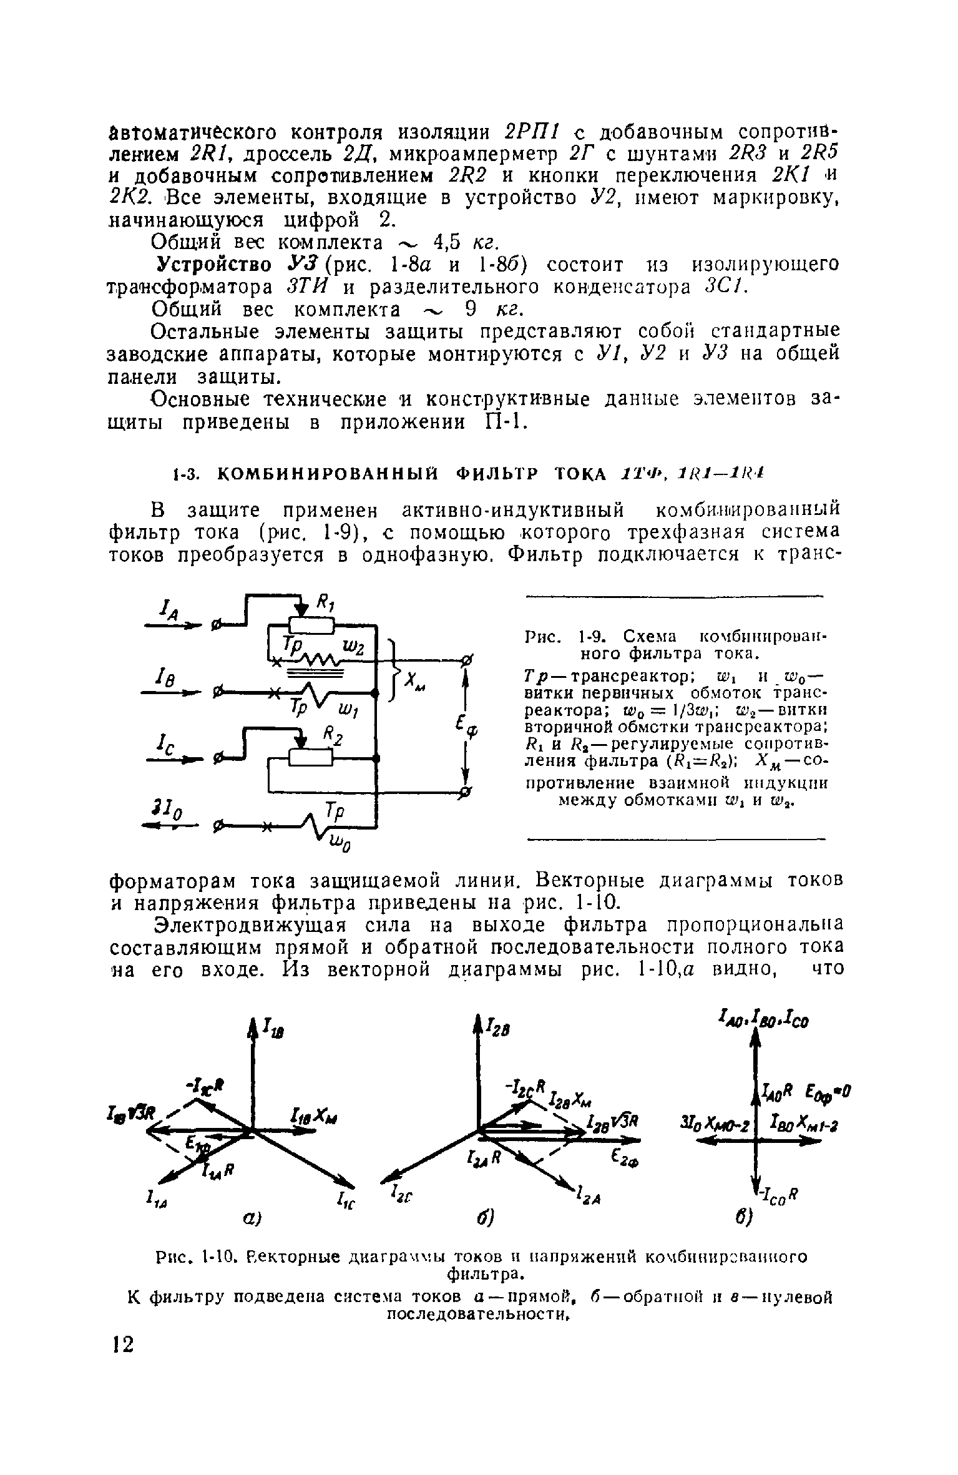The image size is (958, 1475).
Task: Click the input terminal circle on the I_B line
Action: tap(218, 692)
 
